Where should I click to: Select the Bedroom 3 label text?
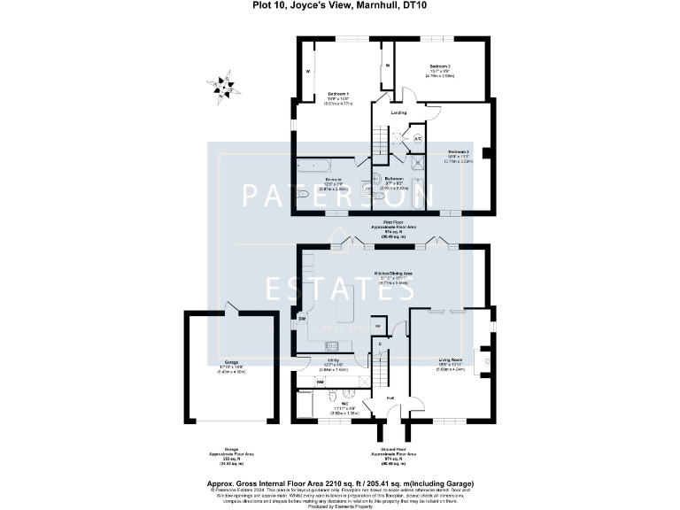click(440, 66)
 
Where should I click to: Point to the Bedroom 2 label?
click(458, 151)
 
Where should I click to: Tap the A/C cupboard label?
click(417, 138)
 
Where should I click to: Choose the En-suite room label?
click(321, 180)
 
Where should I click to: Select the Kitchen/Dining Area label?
click(394, 274)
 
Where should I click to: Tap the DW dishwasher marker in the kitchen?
click(302, 318)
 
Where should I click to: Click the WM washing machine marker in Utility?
click(307, 382)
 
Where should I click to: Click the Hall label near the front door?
click(390, 398)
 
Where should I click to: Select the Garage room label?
click(231, 363)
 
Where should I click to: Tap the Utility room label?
click(334, 359)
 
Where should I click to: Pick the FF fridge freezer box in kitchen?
click(376, 326)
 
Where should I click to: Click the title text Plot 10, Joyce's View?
click(340, 6)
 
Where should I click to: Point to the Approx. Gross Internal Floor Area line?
click(340, 483)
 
